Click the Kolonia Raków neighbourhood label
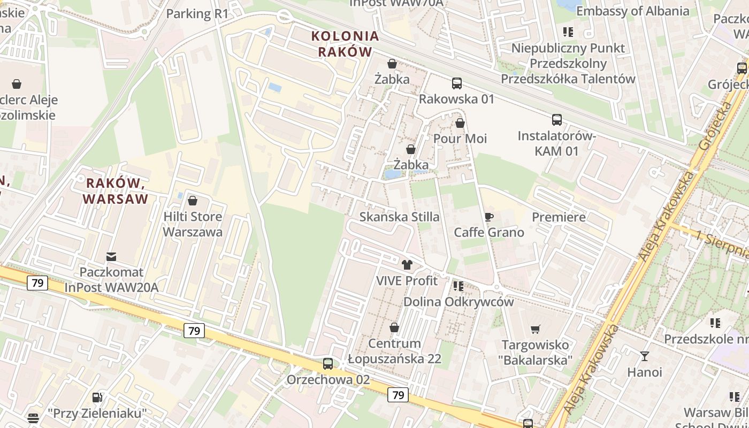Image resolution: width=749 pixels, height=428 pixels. pos(345,44)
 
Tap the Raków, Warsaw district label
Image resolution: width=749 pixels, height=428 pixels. pos(115,191)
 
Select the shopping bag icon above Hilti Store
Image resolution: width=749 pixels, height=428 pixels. pos(193,201)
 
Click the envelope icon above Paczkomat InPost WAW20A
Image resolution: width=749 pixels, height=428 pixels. pos(111,257)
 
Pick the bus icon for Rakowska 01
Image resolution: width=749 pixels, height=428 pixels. pos(456,83)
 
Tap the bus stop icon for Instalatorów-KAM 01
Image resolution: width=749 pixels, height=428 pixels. pos(557,120)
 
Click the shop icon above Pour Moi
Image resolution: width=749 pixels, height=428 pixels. pos(460,123)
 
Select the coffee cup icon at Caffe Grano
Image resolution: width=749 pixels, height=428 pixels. pos(488,217)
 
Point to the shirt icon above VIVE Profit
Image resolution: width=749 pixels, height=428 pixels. pos(407,264)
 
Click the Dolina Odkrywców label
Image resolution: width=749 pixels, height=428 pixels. pos(458,301)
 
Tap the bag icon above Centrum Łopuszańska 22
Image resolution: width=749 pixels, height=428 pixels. pos(394,327)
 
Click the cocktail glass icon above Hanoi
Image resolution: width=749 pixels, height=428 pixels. pos(645,356)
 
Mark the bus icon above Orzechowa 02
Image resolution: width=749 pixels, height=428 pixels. pos(328,364)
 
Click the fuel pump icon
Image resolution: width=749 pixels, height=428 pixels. pos(97,398)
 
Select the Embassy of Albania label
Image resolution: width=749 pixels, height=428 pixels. pos(632,11)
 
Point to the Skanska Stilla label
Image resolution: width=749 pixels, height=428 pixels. pos(400,217)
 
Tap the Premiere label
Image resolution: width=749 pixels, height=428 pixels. pos(559,217)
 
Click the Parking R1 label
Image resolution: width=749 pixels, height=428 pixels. pos(197,13)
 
